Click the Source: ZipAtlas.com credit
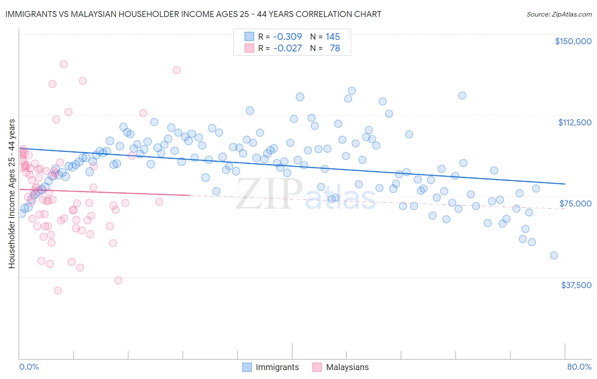[559, 14]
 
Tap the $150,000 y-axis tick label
[573, 41]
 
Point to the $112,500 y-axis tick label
[574, 122]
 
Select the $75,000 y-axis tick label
[575, 204]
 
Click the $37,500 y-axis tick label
[576, 285]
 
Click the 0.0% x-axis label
[29, 367]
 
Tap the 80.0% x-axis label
[579, 367]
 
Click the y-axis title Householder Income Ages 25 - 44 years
[12, 194]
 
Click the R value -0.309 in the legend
[287, 37]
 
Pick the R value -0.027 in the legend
[287, 48]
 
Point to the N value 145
[333, 37]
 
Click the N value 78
[335, 48]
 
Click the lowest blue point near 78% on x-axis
[554, 255]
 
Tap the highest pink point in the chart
[64, 64]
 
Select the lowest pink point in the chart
[58, 291]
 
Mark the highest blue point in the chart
[352, 91]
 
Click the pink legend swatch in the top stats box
[249, 48]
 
